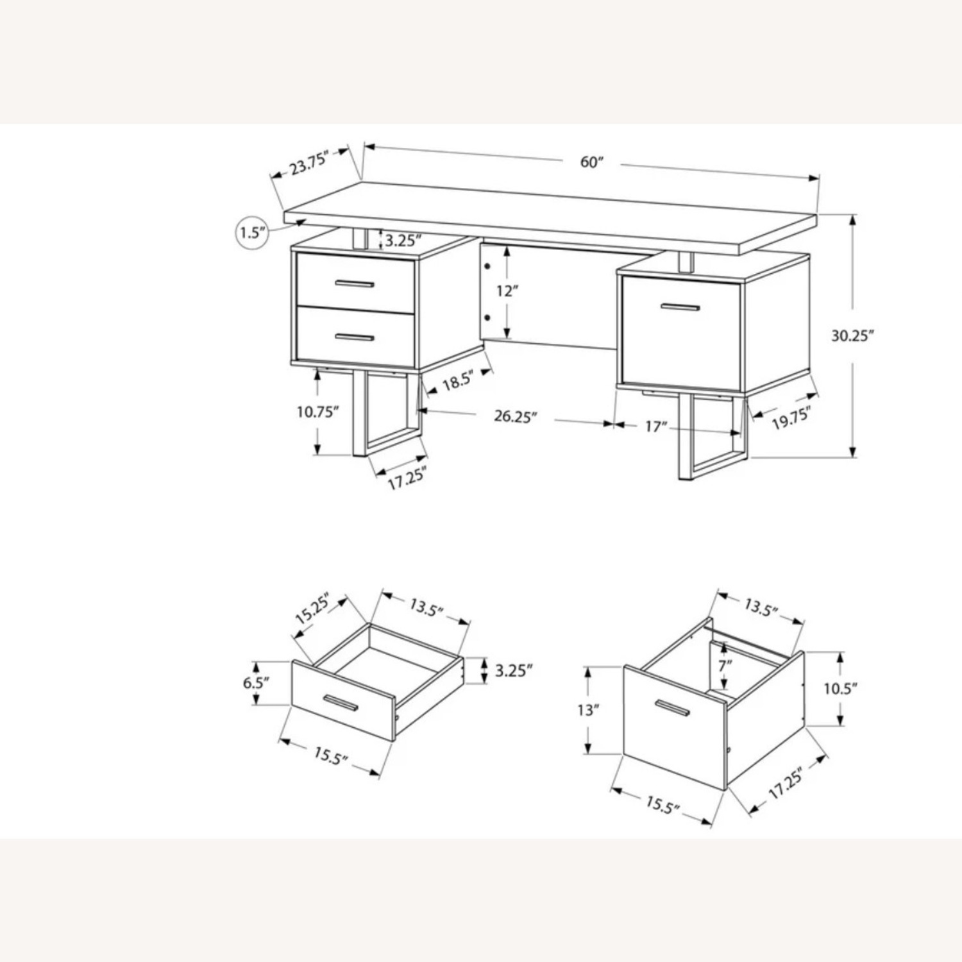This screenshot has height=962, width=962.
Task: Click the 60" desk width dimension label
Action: [x=592, y=162]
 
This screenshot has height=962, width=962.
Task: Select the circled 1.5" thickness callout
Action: [x=253, y=232]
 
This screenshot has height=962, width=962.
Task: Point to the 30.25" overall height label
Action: [x=852, y=335]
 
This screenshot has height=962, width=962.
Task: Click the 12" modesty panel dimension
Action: [x=507, y=291]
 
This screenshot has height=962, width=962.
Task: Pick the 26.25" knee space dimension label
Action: [x=514, y=416]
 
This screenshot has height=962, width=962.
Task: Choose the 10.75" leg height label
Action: [x=317, y=412]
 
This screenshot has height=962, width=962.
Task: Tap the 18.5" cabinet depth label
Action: [x=457, y=381]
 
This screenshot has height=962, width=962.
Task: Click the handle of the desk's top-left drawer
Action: [x=354, y=283]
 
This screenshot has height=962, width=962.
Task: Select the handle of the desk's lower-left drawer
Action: [x=354, y=337]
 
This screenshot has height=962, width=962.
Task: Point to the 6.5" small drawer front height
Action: [x=254, y=682]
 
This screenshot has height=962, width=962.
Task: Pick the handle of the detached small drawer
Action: [x=341, y=703]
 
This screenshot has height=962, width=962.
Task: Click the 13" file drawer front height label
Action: [x=587, y=710]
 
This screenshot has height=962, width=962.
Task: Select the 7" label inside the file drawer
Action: [x=725, y=666]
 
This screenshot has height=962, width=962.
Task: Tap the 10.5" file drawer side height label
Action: [x=840, y=689]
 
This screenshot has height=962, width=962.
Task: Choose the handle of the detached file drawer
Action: [x=671, y=707]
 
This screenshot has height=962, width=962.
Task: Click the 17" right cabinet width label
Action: [x=656, y=426]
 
